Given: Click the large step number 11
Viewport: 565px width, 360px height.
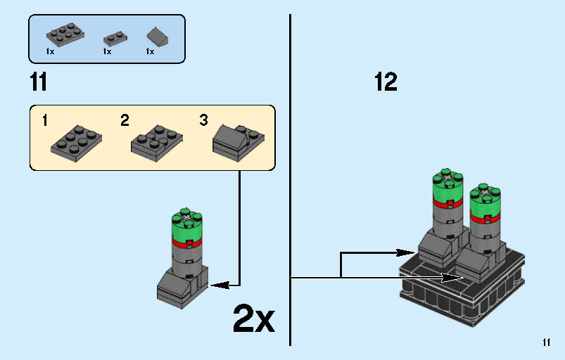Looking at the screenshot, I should point(39,82).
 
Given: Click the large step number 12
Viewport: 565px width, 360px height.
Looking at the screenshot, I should point(386,82).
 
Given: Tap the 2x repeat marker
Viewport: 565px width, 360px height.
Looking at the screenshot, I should point(253,320).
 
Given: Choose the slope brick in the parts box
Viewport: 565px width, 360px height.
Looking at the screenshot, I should point(156,36).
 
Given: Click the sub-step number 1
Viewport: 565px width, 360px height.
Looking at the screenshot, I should point(45,120).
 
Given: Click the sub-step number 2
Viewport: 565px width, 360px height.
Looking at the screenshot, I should point(125,120).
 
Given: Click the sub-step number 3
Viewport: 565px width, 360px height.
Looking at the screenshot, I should point(203,120).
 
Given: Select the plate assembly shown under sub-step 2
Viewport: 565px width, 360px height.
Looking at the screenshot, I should point(156,140).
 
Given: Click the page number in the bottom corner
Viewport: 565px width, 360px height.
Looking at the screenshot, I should point(547,343).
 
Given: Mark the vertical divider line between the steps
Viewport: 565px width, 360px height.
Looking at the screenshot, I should point(290,176).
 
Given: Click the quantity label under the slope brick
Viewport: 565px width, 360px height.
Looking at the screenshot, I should point(150,52).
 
